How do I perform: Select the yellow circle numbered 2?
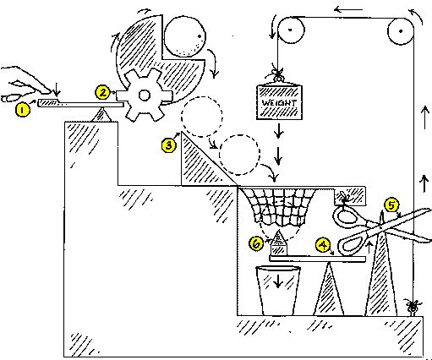pos(102,91)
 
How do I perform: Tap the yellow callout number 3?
pos(168,145)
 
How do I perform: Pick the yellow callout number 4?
pos(322,244)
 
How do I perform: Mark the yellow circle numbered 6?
pos(256,243)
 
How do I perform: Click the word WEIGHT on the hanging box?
pos(278,101)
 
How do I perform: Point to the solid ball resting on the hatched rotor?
pos(184,40)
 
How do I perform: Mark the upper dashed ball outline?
pos(199,116)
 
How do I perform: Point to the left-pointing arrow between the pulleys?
pos(342,9)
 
